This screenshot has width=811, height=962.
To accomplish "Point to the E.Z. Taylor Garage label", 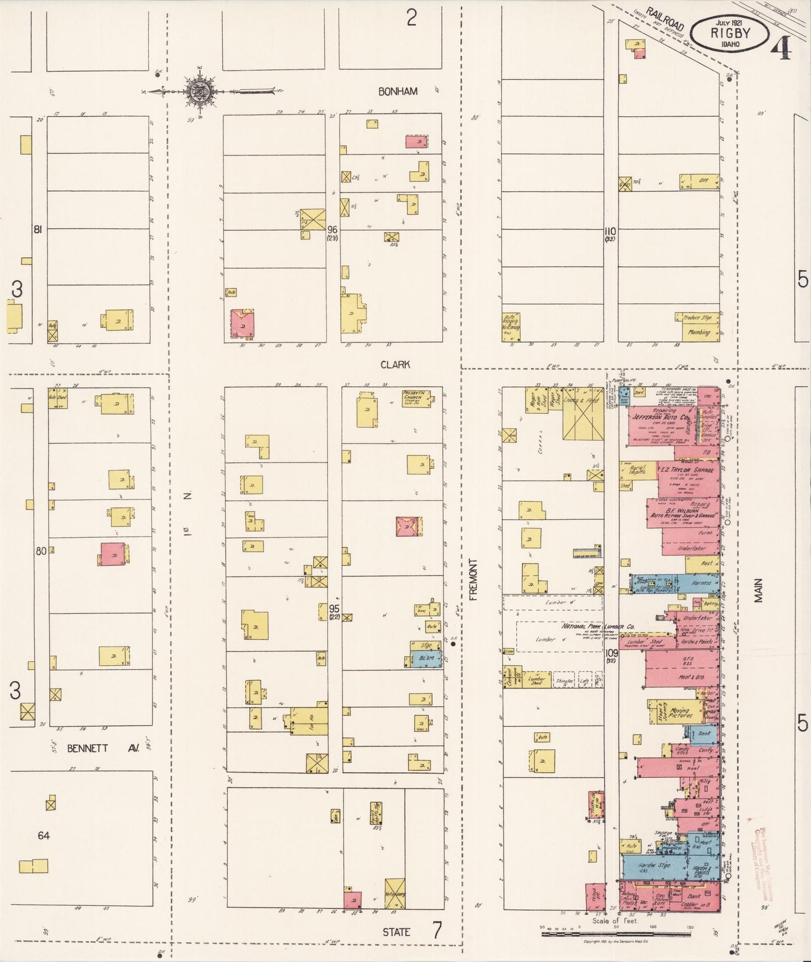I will click(686, 470).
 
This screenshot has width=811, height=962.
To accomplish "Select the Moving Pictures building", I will click(679, 714).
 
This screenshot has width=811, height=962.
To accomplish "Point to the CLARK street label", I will click(395, 364).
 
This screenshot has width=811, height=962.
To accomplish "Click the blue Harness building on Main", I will click(702, 583).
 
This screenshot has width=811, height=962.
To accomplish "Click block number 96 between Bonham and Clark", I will click(333, 229).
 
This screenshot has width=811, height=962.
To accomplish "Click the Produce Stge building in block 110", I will click(698, 318).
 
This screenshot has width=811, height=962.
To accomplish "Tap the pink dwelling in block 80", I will click(113, 554).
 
